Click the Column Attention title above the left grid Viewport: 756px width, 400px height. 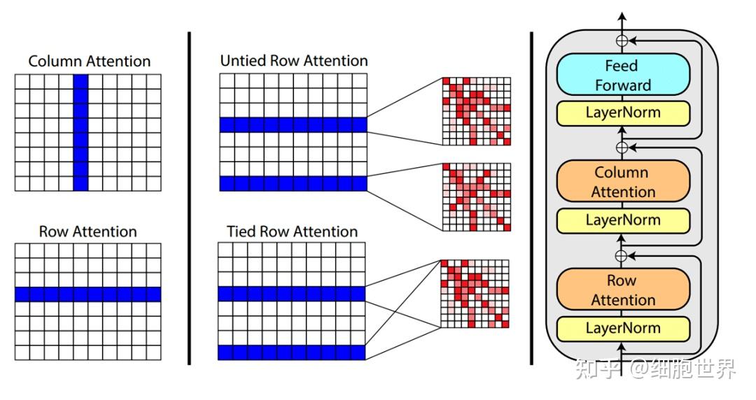click(89, 62)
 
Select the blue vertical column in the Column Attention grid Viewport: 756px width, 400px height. click(81, 132)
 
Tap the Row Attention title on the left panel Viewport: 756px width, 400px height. click(87, 231)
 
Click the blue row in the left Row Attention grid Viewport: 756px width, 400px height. click(88, 294)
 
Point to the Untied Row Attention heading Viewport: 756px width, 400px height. click(293, 61)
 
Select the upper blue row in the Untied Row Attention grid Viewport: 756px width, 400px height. click(293, 124)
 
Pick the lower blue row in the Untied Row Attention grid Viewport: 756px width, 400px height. click(293, 183)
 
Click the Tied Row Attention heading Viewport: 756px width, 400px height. click(292, 231)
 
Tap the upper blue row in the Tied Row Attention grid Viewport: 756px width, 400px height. click(292, 294)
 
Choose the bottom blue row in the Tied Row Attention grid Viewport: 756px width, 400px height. click(292, 352)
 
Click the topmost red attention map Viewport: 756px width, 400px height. click(475, 110)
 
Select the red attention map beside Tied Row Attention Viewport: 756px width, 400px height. click(475, 294)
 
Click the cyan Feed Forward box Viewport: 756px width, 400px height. click(622, 75)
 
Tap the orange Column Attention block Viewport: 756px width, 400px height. click(622, 182)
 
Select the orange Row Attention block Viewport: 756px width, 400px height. click(622, 290)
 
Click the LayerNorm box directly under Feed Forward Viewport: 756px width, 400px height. click(622, 112)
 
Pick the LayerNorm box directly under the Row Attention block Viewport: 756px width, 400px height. click(622, 328)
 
